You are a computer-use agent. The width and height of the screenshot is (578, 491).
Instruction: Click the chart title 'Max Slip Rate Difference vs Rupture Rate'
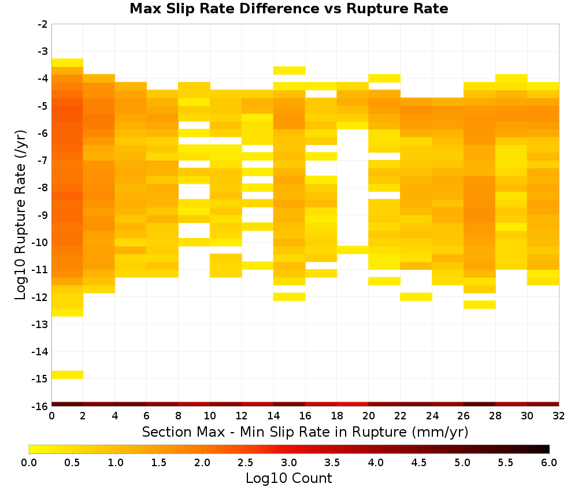pyautogui.click(x=288, y=9)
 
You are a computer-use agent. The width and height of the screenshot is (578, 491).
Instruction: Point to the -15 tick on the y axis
pyautogui.click(x=43, y=379)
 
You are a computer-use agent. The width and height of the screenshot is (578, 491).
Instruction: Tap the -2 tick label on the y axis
pyautogui.click(x=43, y=24)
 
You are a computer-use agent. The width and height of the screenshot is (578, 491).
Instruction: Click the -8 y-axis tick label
pyautogui.click(x=43, y=188)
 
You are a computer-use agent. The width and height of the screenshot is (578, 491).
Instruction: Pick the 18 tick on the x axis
pyautogui.click(x=337, y=416)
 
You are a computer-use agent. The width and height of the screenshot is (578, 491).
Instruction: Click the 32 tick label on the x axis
pyautogui.click(x=559, y=416)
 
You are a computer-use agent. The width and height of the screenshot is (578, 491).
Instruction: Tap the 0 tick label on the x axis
pyautogui.click(x=51, y=416)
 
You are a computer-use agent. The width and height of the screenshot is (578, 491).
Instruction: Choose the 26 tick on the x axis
pyautogui.click(x=464, y=416)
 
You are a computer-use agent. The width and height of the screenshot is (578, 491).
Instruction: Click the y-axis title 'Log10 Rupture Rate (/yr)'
pyautogui.click(x=20, y=215)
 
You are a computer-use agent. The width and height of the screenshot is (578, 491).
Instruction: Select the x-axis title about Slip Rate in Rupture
pyautogui.click(x=305, y=432)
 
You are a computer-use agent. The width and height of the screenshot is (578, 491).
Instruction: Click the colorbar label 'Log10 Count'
pyautogui.click(x=288, y=478)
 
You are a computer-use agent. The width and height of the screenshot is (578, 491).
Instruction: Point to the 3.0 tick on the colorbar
pyautogui.click(x=289, y=463)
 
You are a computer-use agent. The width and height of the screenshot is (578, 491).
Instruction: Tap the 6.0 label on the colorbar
pyautogui.click(x=549, y=463)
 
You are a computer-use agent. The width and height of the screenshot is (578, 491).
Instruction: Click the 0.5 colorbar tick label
pyautogui.click(x=72, y=463)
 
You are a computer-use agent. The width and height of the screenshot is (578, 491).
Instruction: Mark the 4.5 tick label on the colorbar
pyautogui.click(x=419, y=463)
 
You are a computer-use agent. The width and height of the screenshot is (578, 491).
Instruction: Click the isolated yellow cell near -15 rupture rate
pyautogui.click(x=68, y=374)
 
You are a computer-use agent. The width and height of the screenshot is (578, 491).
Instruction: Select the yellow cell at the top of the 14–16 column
pyautogui.click(x=290, y=70)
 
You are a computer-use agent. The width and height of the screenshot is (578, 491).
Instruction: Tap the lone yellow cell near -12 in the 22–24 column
pyautogui.click(x=416, y=296)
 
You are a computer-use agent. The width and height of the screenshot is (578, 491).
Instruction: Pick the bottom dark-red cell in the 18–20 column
pyautogui.click(x=353, y=404)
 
